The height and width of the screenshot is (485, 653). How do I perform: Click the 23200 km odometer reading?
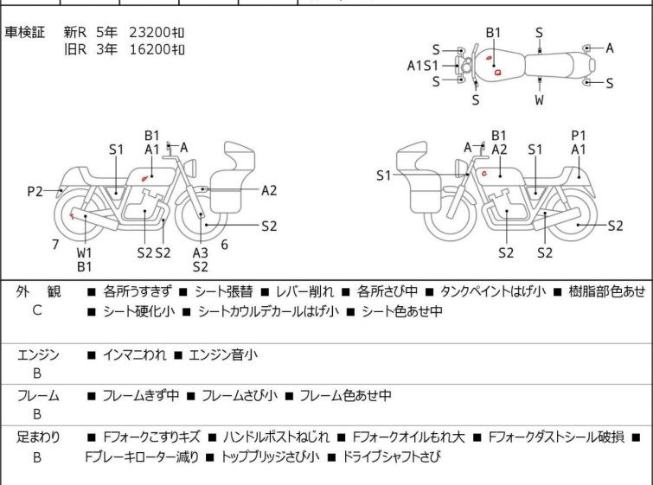coord(157,32)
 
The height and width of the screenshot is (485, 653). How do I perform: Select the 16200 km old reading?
coord(157,49)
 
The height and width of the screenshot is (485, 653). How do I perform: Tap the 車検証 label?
coord(26,32)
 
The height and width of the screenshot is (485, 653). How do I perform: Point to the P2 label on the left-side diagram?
coord(35,191)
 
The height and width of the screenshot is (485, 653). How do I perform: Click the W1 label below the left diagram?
coord(84,252)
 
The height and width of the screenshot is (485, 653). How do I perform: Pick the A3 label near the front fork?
coord(201,252)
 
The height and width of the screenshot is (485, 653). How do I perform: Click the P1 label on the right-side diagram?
coord(579,135)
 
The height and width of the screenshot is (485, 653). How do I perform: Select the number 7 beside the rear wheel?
coord(55,245)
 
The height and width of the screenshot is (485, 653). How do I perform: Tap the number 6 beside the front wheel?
coord(224,245)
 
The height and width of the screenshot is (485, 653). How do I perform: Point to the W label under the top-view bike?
coord(539,100)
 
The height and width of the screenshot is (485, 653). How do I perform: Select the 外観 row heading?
coord(38,292)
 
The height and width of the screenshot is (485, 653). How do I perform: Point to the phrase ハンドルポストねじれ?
coord(275,438)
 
